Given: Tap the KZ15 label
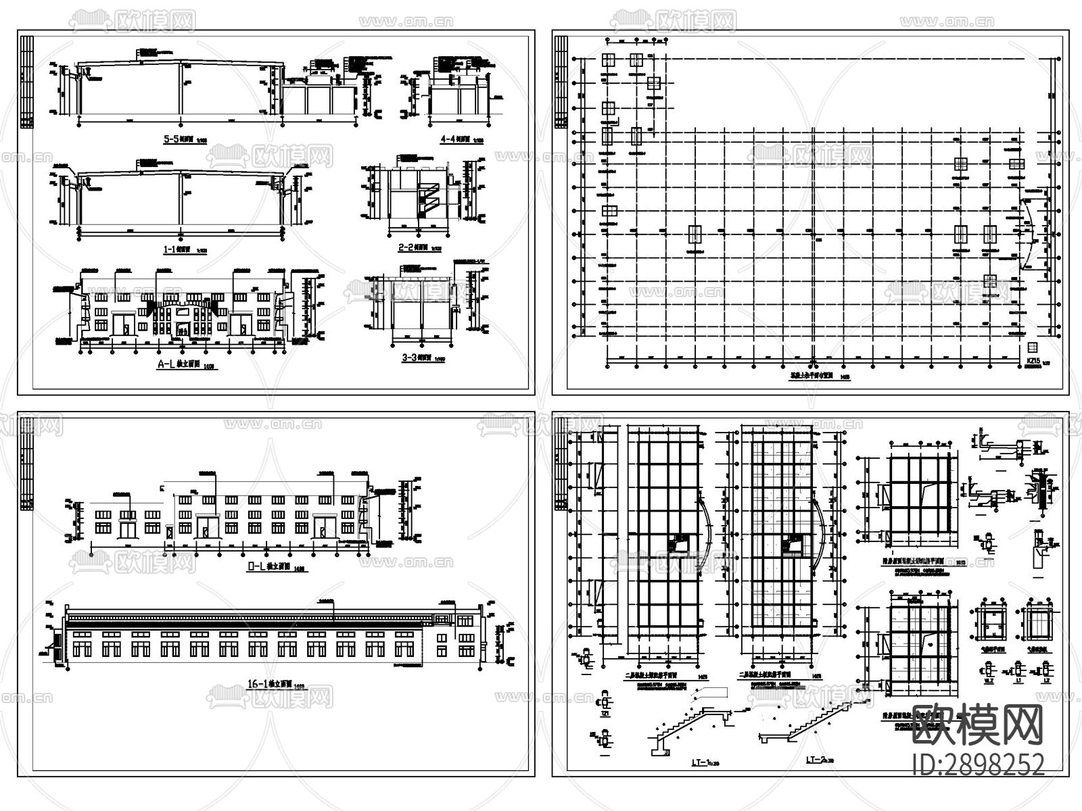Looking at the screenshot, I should pos(1033,361).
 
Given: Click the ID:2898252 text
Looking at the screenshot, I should pos(978,764).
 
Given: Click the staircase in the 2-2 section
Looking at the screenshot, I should pos(428,195).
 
